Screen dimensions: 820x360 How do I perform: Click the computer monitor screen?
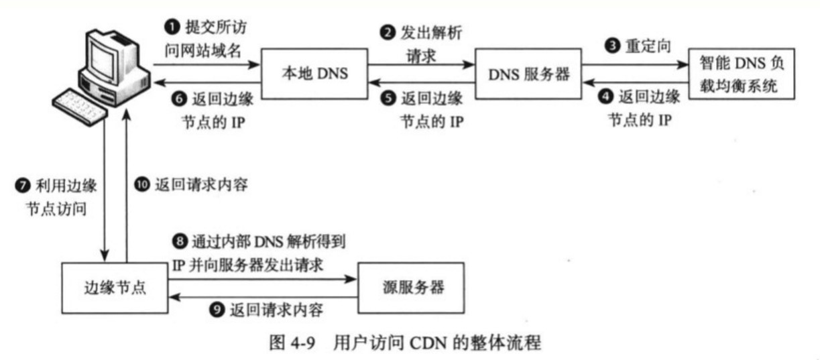(x=103, y=59)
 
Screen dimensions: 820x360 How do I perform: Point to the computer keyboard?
(x=80, y=107)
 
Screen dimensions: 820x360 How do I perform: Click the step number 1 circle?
(x=172, y=27)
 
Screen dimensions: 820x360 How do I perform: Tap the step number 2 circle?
(x=388, y=33)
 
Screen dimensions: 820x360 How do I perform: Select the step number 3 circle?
(x=612, y=46)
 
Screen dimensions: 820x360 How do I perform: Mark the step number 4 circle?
(x=606, y=97)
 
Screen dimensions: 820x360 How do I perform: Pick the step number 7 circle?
(x=23, y=186)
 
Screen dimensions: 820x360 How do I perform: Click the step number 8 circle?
(x=180, y=242)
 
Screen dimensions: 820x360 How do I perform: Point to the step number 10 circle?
(x=142, y=184)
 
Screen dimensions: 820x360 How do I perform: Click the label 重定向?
(x=648, y=46)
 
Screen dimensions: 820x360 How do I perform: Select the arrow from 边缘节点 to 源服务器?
(x=262, y=280)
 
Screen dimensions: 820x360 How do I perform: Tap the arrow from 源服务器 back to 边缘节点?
(x=263, y=297)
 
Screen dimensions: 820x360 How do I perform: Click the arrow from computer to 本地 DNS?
(x=207, y=65)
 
